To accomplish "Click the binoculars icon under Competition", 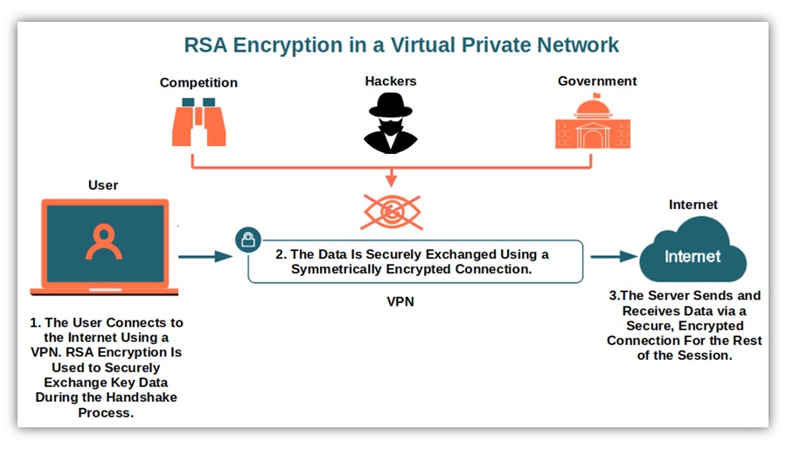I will click(x=198, y=122).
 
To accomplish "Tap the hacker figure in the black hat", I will click(x=390, y=123).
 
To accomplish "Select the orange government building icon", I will click(x=593, y=125).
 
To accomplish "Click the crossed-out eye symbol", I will click(x=391, y=211).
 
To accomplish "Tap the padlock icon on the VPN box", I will click(x=248, y=239).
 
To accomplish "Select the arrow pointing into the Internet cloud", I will click(x=614, y=257).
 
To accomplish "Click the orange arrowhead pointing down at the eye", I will click(x=391, y=181).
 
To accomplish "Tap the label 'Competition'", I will click(x=198, y=83).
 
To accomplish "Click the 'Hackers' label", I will click(x=391, y=81).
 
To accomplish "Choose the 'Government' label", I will click(x=597, y=81).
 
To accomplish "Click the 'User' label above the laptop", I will click(x=103, y=185).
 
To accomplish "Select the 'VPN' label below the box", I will click(x=400, y=302).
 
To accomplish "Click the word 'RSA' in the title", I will click(x=206, y=45).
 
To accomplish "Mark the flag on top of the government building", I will click(x=596, y=95).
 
